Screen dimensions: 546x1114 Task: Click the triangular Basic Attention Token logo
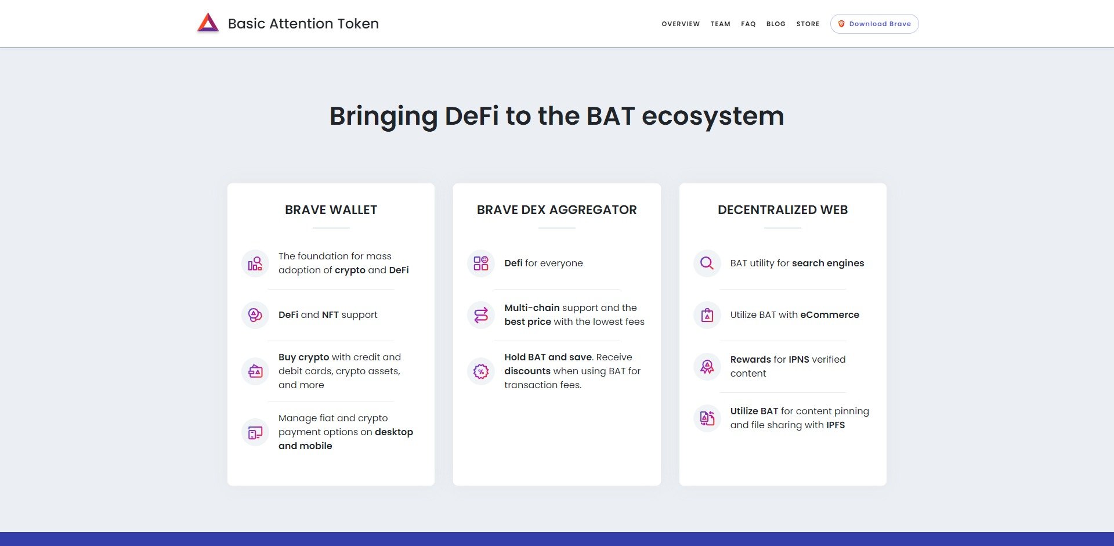tap(208, 23)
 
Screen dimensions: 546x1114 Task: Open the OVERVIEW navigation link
tap(681, 24)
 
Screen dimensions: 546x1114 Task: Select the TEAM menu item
tap(720, 24)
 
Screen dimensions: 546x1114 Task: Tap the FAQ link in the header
tap(748, 24)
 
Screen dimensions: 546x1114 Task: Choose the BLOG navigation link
tap(776, 24)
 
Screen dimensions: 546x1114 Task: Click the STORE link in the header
tap(808, 24)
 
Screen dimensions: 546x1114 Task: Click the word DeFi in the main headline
tap(471, 116)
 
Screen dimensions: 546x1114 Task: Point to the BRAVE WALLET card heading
tap(331, 210)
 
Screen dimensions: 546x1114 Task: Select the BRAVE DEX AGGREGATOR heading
tap(556, 210)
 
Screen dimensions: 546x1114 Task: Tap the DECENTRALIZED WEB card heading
tap(782, 210)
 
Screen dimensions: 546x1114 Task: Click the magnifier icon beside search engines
tap(707, 263)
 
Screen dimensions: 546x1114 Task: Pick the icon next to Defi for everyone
tap(481, 263)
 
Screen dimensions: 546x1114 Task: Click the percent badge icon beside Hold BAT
tap(481, 371)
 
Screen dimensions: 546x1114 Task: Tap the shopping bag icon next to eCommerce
tap(707, 315)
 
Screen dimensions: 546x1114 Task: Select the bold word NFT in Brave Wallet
tap(330, 315)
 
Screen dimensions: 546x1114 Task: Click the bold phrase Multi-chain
tap(531, 308)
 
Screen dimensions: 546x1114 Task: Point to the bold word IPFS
tap(835, 425)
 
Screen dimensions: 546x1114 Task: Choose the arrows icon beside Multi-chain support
tap(481, 315)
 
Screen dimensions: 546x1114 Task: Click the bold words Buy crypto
tap(303, 357)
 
